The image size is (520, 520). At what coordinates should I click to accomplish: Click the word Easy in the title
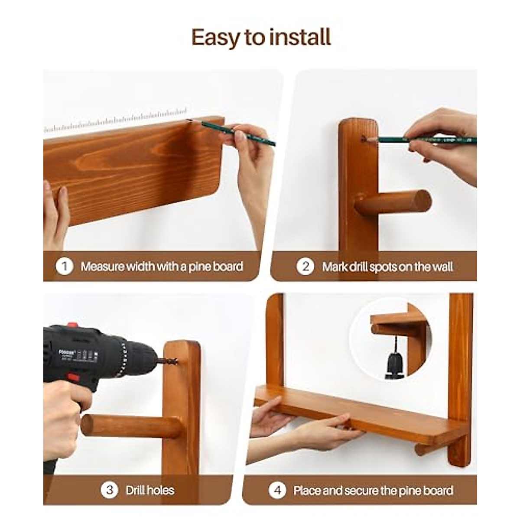coord(215,38)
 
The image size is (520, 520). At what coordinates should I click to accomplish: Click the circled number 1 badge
coord(64,266)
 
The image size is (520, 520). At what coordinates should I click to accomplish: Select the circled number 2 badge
coord(305,266)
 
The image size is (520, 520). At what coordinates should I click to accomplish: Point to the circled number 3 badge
coord(109,490)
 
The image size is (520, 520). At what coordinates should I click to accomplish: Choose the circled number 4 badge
coord(277,491)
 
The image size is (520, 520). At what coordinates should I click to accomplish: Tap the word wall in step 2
coord(442,266)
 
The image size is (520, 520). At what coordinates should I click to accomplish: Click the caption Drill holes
coord(150,490)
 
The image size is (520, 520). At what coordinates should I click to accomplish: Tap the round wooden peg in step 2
coord(394,203)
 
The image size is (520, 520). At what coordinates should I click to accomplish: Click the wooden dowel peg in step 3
coord(130,426)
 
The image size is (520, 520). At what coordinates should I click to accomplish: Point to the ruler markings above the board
coord(117,120)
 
